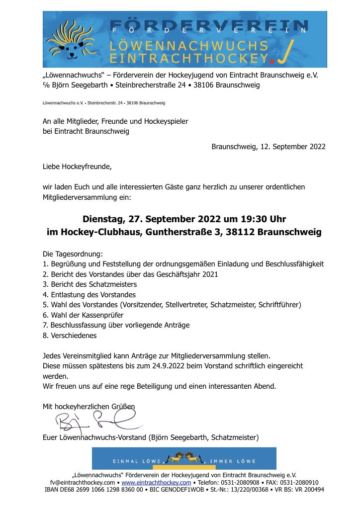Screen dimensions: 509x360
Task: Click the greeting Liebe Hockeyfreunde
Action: click(x=77, y=167)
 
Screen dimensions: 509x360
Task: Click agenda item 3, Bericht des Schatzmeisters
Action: click(x=90, y=284)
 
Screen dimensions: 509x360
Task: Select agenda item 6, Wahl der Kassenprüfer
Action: click(x=83, y=315)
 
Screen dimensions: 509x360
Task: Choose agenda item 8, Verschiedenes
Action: click(x=70, y=336)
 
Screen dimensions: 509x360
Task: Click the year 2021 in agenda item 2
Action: click(x=208, y=274)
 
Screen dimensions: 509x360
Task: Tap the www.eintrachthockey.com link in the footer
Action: click(x=156, y=482)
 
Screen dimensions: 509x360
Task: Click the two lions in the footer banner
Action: click(x=184, y=456)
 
